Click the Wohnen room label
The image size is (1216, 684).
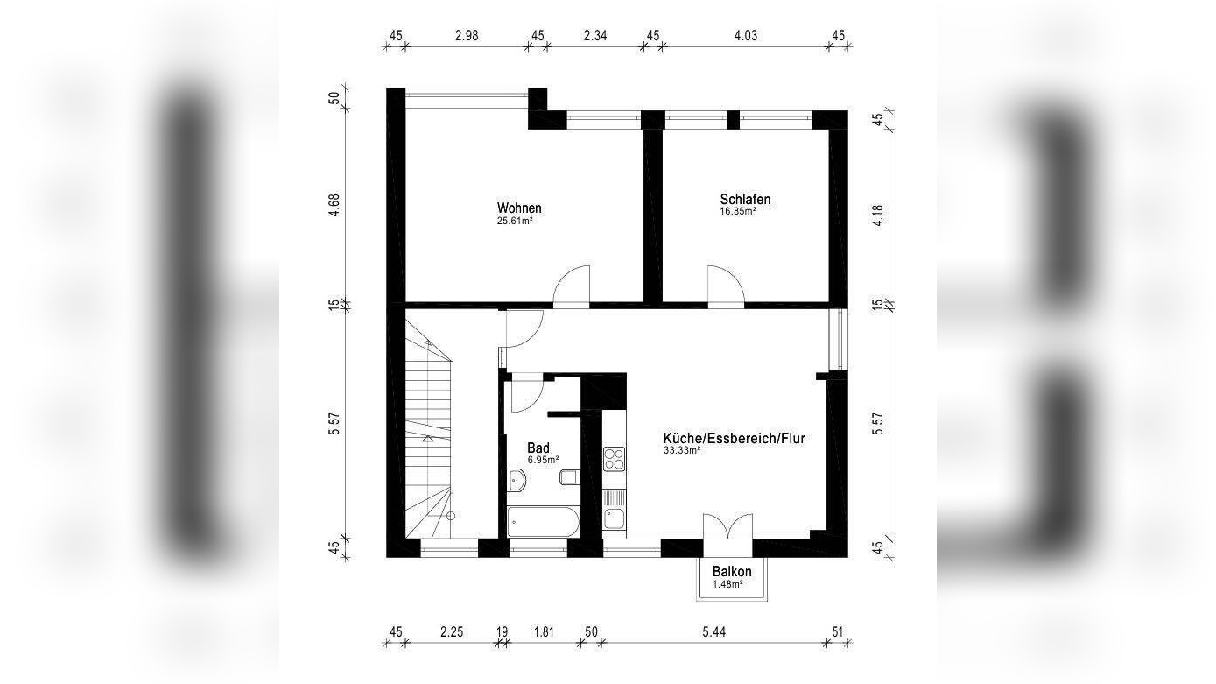(519, 208)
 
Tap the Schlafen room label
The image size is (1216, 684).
(745, 200)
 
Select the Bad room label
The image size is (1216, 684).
(538, 448)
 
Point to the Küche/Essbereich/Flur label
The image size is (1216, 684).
(734, 439)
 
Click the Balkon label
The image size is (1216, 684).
(732, 572)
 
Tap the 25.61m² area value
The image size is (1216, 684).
(515, 221)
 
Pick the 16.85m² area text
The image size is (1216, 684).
(738, 211)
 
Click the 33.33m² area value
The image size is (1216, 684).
(682, 450)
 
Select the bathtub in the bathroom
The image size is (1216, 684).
(544, 522)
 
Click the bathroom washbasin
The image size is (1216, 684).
(517, 481)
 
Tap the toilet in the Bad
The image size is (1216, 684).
(569, 477)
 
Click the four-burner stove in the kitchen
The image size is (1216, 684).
(614, 459)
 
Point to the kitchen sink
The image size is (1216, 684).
(614, 519)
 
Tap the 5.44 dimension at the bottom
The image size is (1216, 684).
(713, 631)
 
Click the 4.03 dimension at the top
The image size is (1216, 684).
(745, 36)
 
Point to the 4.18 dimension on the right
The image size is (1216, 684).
(877, 215)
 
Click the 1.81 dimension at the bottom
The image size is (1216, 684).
(544, 631)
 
